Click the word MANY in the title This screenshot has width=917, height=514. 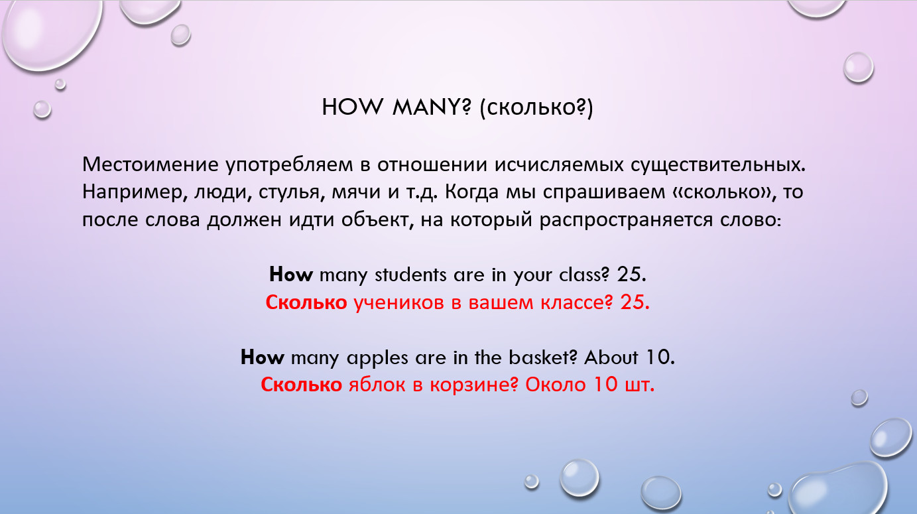(x=432, y=107)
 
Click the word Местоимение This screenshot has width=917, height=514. (x=151, y=164)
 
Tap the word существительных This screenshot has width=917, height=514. (x=717, y=165)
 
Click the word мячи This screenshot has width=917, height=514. (x=356, y=192)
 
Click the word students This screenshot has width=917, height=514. (x=410, y=275)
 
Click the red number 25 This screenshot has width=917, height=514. (x=635, y=302)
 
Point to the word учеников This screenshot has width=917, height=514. (x=398, y=303)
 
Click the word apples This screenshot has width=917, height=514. (x=377, y=358)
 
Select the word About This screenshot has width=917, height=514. (x=611, y=357)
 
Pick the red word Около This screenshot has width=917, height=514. (x=555, y=385)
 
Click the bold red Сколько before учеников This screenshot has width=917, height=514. (x=306, y=302)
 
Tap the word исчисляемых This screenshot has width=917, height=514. (x=559, y=164)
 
